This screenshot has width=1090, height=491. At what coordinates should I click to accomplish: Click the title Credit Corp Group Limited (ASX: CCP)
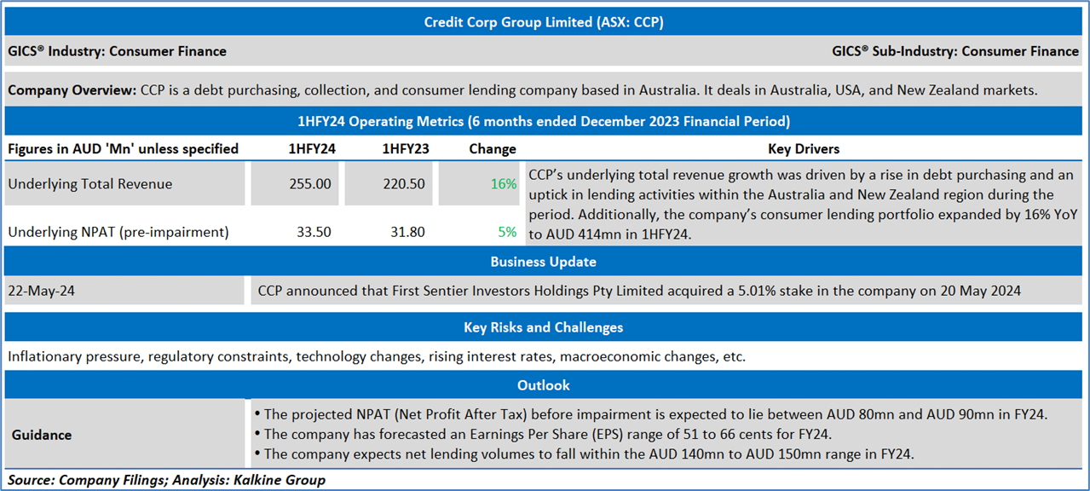[544, 22]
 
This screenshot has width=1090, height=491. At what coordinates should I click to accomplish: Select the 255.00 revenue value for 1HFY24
[310, 184]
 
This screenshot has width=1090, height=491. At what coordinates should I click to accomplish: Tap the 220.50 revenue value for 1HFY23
[403, 184]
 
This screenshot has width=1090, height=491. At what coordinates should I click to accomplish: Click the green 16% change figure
[503, 184]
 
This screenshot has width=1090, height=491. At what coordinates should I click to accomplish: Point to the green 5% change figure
[507, 232]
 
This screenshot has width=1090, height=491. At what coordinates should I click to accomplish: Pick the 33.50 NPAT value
[314, 232]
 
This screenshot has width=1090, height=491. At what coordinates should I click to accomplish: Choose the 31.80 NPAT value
[407, 232]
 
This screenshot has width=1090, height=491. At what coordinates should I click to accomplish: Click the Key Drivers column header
[804, 149]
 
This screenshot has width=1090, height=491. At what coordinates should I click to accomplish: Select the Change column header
[493, 149]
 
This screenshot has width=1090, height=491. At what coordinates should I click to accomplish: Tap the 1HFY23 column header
[406, 149]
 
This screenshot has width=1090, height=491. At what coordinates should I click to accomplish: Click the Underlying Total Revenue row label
[90, 184]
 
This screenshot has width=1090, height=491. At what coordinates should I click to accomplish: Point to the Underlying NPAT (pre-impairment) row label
[118, 232]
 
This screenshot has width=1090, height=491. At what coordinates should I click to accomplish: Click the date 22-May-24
[42, 291]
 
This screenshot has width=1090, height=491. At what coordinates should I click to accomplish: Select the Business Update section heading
[543, 262]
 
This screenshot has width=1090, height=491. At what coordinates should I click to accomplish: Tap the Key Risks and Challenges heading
[543, 327]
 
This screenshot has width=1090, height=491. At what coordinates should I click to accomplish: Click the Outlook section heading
[543, 385]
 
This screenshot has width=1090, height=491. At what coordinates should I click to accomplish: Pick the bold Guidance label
[42, 435]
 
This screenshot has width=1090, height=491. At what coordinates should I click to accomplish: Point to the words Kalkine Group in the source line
[280, 480]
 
